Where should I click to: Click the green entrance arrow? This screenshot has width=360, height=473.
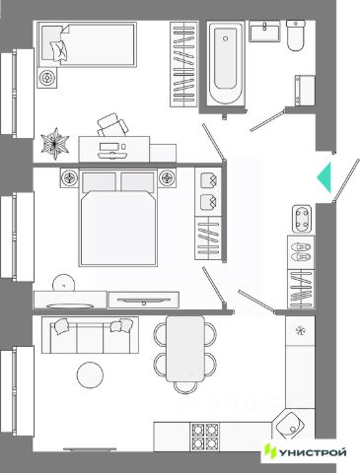tap(325, 177)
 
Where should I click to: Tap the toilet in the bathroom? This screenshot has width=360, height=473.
tap(296, 35)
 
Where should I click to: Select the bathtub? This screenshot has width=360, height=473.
tap(226, 63)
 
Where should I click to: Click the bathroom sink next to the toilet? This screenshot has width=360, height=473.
tap(264, 32)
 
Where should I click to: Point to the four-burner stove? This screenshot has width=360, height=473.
tap(205, 437)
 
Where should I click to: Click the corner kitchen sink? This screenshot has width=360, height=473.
tap(289, 426)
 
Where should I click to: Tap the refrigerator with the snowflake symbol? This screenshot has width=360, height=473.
tap(300, 330)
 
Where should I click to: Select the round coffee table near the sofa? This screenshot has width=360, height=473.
tap(90, 375)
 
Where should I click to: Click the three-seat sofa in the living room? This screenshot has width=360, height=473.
tap(90, 335)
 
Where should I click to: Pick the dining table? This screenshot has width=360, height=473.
tap(185, 349)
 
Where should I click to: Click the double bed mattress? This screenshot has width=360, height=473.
tap(118, 228)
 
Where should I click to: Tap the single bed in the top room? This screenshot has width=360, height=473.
tap(87, 44)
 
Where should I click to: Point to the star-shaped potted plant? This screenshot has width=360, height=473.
tap(55, 144)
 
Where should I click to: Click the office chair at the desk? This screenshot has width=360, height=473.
tap(112, 125)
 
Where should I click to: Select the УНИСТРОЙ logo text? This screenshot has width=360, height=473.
tap(313, 453)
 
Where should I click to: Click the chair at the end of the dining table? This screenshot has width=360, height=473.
tap(185, 387)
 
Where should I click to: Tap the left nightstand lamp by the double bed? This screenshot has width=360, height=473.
tap(69, 178)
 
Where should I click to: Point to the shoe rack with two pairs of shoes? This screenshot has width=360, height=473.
tap(301, 252)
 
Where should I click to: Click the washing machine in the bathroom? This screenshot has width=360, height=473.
tap(305, 91)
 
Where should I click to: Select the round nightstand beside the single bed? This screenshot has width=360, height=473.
tap(47, 78)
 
